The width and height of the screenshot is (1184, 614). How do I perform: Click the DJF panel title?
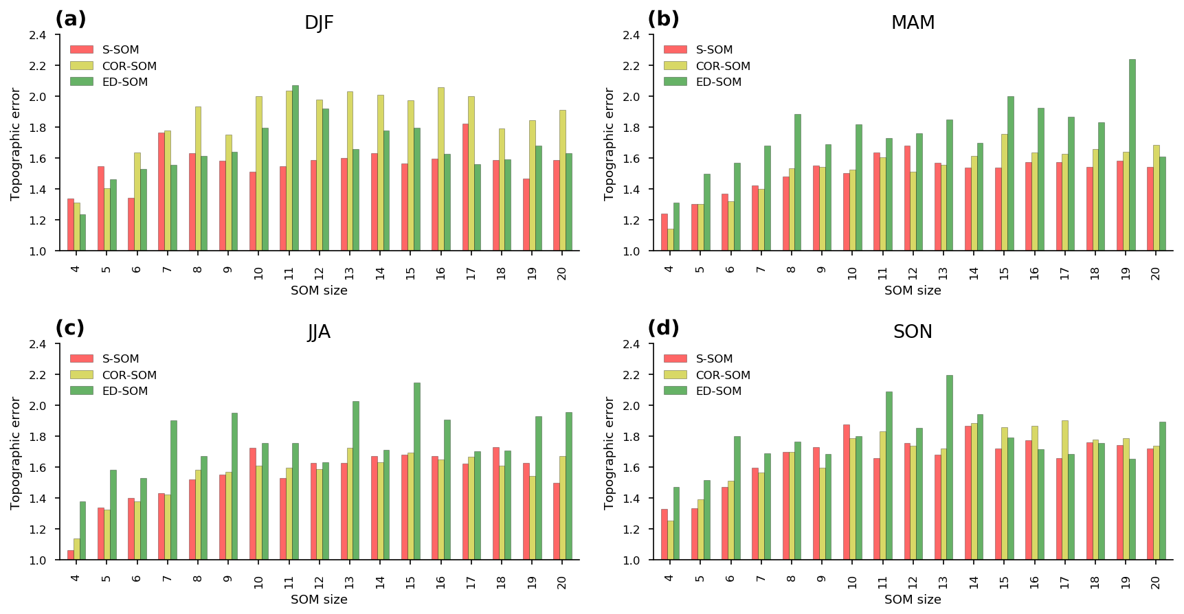[319, 23]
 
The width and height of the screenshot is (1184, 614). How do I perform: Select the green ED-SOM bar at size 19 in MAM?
[1132, 155]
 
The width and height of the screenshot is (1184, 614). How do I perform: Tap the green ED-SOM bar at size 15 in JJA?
[417, 471]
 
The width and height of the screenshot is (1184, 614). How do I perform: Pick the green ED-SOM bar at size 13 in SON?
[950, 468]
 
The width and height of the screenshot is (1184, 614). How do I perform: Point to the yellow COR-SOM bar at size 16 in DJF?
[441, 169]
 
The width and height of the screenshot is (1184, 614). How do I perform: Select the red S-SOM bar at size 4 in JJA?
[71, 555]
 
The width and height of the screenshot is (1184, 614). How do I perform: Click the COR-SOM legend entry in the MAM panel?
[723, 66]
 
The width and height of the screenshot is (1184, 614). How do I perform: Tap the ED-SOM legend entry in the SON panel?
[718, 391]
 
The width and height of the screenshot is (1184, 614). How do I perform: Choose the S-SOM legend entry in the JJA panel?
[120, 359]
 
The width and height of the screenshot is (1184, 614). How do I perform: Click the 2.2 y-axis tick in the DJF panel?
[38, 66]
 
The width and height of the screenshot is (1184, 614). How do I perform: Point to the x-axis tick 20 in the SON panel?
[1156, 582]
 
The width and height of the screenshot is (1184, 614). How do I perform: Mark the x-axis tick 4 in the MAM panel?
[669, 268]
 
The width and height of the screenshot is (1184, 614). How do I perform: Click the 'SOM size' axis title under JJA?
[319, 600]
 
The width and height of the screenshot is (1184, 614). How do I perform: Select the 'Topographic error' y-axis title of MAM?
[610, 144]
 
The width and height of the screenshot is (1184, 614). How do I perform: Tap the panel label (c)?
[70, 328]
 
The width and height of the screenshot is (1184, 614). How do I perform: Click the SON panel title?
[913, 332]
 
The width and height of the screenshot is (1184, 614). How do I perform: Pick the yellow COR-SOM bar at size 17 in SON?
[1065, 490]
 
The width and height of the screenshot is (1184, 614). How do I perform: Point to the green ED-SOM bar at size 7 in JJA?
[174, 490]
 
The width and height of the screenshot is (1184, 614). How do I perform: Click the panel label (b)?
[663, 19]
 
